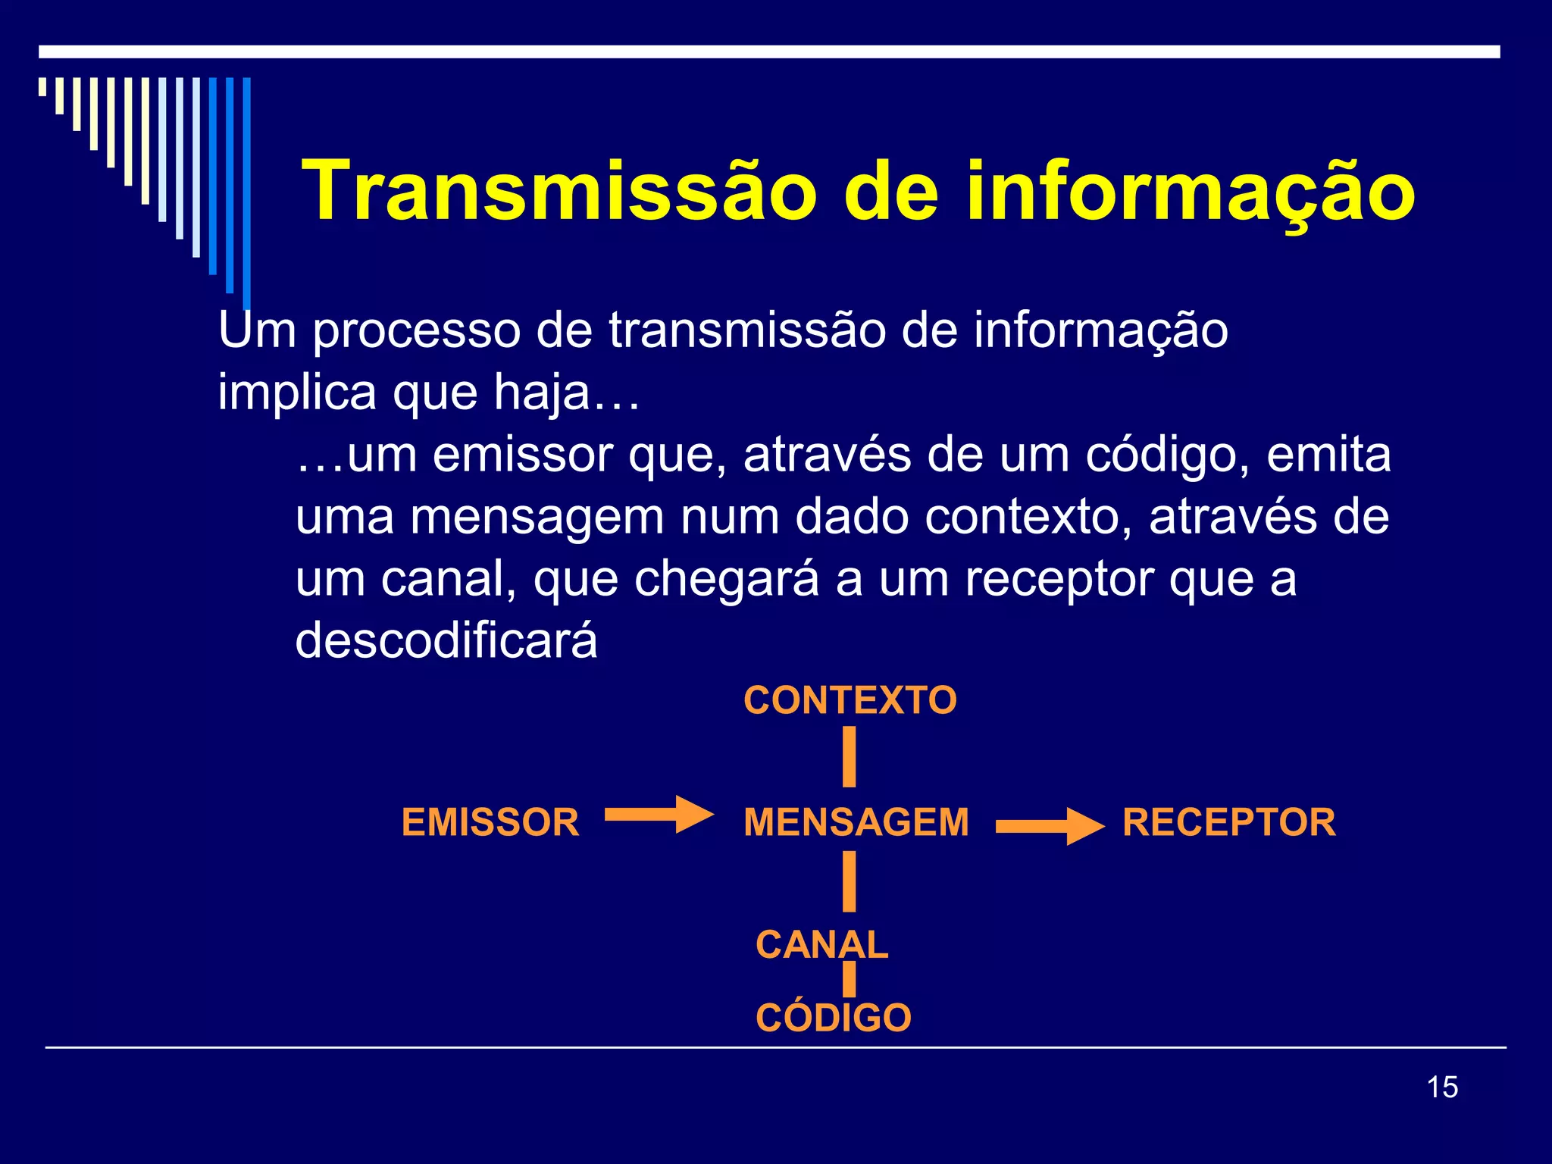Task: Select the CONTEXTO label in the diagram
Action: [x=850, y=700]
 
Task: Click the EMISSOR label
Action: [x=490, y=823]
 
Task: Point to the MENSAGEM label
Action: [x=856, y=823]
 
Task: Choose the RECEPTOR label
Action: [x=1229, y=823]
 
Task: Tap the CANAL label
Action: [x=822, y=945]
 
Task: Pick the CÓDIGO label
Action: [x=834, y=1018]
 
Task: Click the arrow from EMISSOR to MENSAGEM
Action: [x=659, y=815]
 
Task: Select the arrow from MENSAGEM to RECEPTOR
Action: [x=1050, y=827]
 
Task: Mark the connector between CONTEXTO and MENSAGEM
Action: [x=850, y=756]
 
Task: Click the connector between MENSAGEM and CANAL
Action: [x=850, y=881]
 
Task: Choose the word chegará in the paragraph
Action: [x=727, y=579]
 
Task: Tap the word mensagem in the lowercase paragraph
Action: [x=537, y=518]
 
